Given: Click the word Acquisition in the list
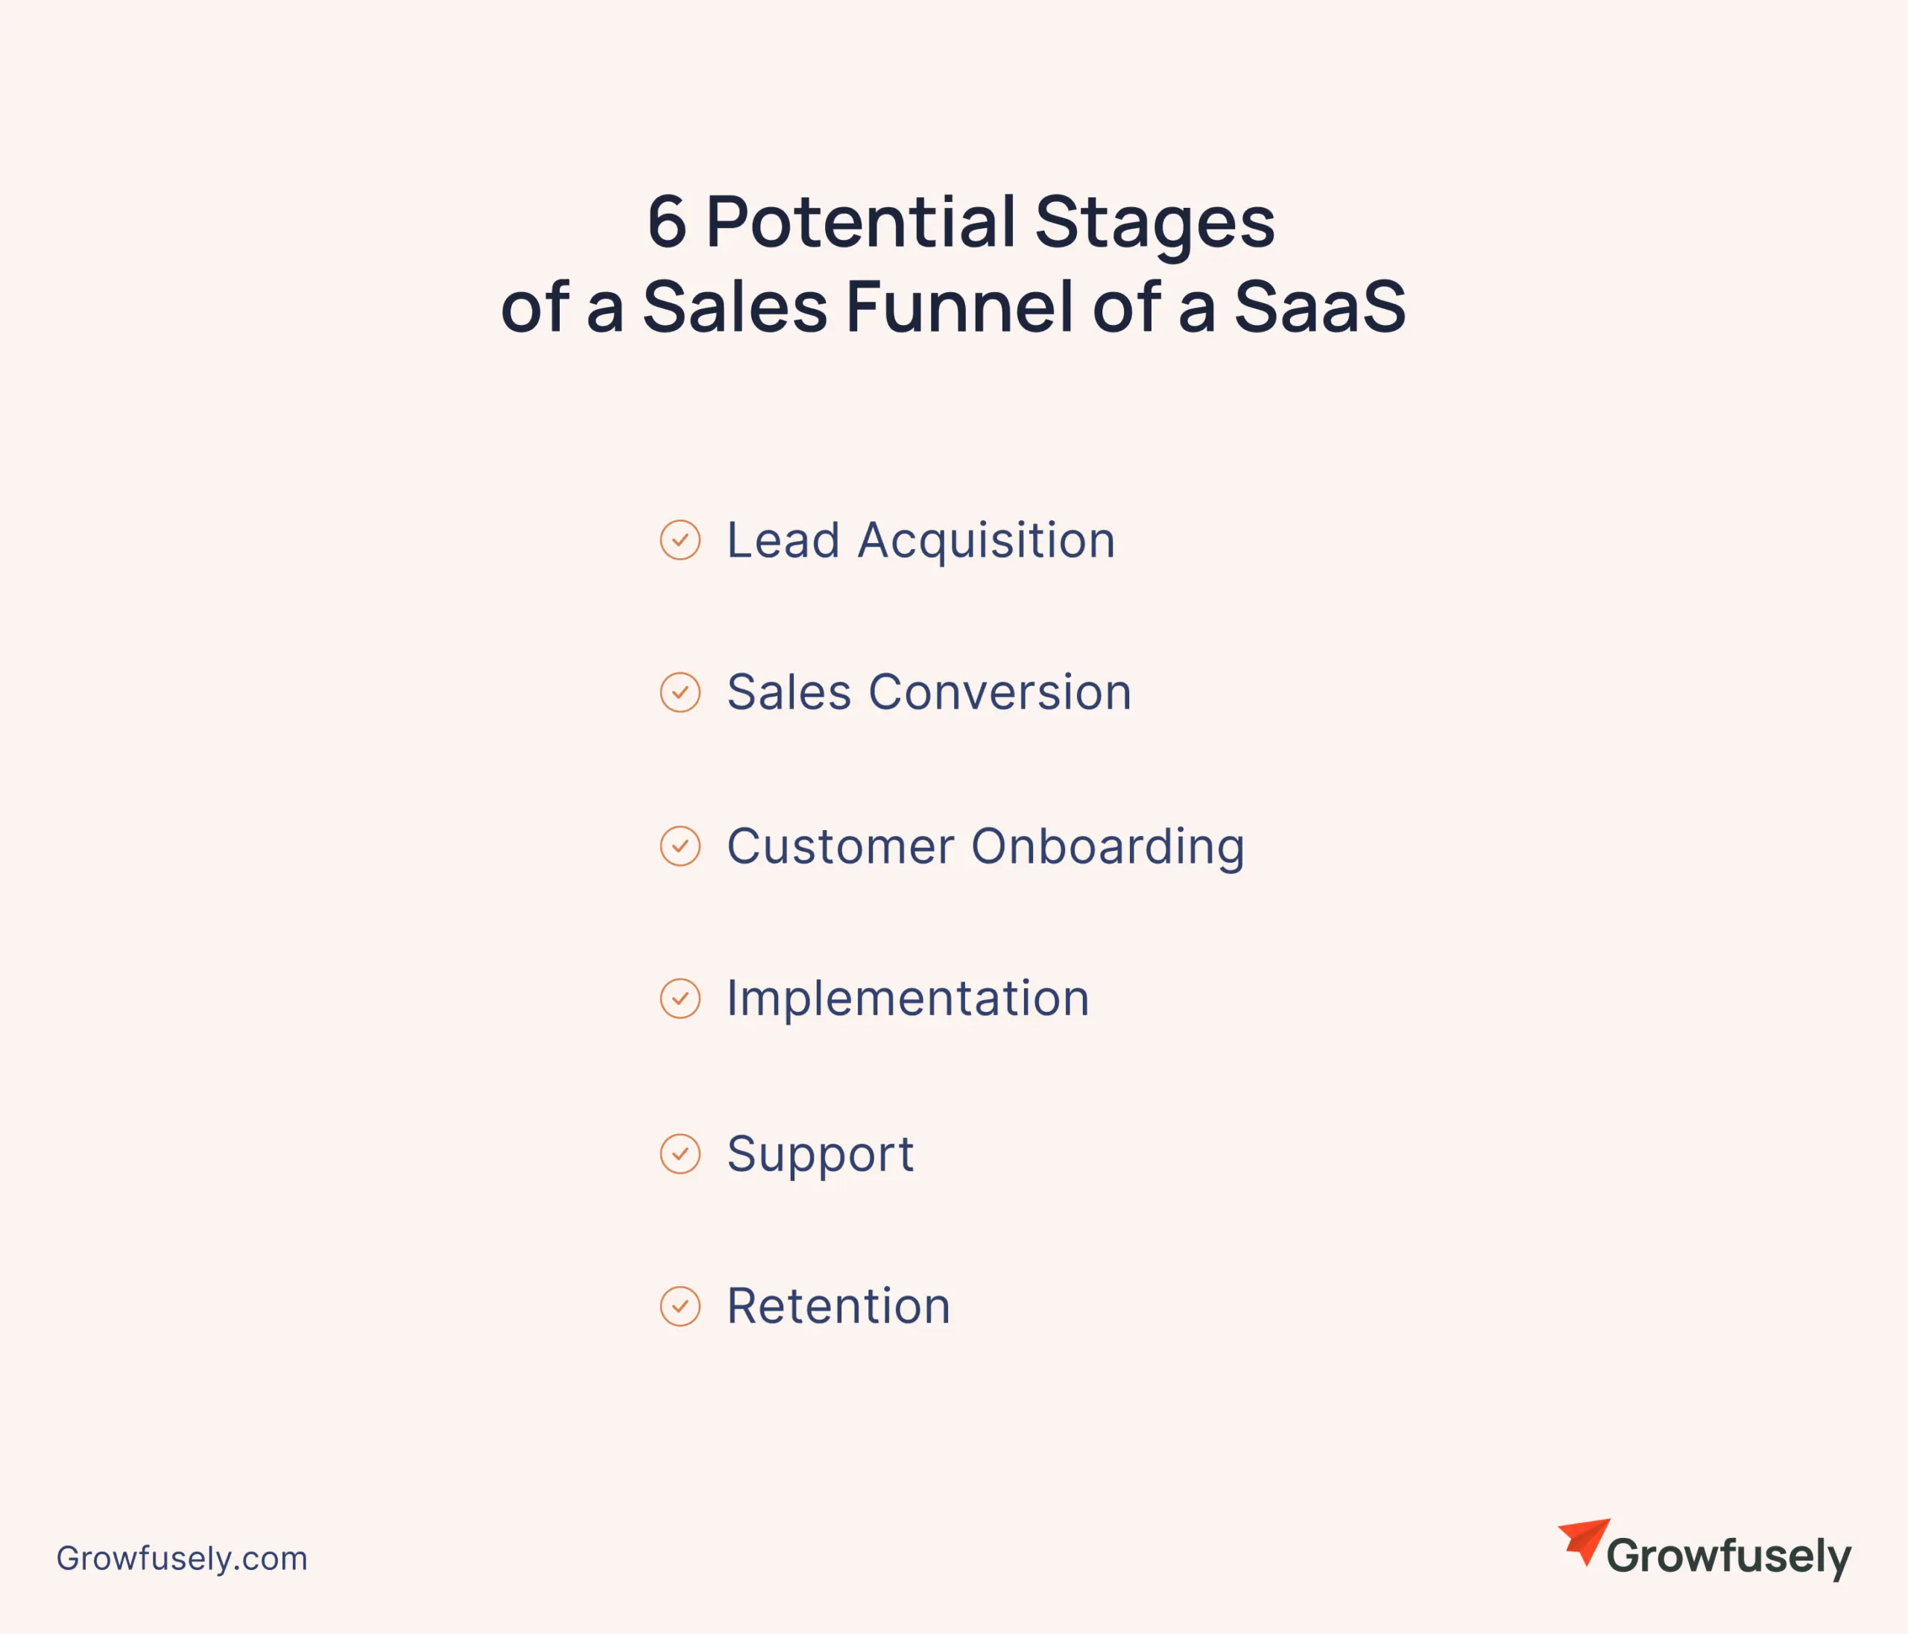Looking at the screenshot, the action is [986, 541].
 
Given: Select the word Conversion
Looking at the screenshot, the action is [1000, 692].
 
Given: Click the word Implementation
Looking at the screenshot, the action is [908, 1000].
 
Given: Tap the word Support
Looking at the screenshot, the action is [821, 1154].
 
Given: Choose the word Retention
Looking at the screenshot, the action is [839, 1306].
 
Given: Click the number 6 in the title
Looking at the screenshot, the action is [667, 222].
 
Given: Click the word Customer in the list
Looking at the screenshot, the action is [841, 847].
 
